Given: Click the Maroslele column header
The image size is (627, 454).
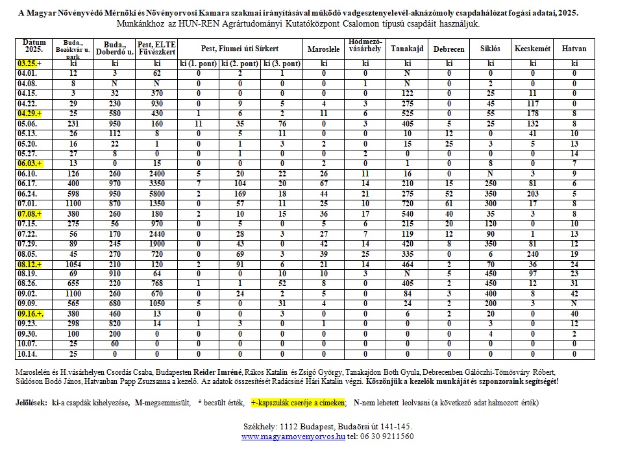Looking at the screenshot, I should [x=323, y=49].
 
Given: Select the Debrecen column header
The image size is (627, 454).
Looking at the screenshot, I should [x=449, y=49].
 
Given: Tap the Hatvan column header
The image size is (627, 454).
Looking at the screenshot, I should [x=574, y=49].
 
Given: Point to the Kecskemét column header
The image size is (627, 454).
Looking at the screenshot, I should [x=532, y=49].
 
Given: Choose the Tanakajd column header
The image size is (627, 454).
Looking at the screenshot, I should [x=408, y=49].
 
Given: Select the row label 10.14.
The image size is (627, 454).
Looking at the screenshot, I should [x=27, y=353].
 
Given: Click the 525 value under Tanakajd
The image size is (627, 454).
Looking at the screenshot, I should [x=408, y=112].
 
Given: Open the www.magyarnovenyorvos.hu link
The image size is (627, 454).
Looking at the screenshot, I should [x=293, y=436].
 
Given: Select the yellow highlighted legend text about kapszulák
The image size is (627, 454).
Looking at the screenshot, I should [x=298, y=403].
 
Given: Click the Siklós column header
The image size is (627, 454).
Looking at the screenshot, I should [x=491, y=49].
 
